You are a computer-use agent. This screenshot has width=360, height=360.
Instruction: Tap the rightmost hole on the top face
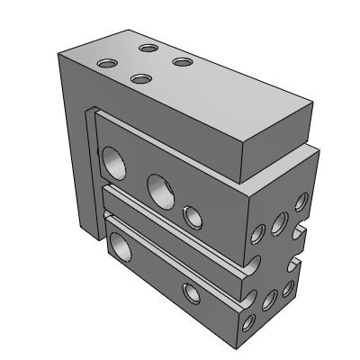click(183, 62)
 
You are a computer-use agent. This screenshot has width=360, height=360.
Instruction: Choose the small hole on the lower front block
click(191, 291)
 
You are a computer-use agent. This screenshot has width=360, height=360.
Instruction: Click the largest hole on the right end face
click(279, 222)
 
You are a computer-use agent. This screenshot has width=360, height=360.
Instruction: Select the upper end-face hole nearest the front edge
click(257, 235)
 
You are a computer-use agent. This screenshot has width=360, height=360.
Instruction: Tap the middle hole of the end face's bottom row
click(270, 299)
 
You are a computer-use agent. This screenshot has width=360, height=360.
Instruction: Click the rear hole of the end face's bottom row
click(288, 289)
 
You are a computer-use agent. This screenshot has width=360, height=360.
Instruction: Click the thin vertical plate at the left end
click(92, 180)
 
